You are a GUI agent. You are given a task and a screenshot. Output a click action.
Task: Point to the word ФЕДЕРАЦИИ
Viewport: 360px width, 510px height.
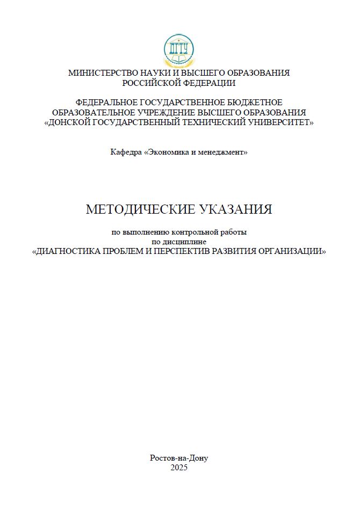(x=210, y=83)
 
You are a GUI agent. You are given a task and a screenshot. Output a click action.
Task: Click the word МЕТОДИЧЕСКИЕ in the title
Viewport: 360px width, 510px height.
(x=141, y=209)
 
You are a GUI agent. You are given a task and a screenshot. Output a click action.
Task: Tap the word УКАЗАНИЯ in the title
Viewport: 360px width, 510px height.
(x=236, y=209)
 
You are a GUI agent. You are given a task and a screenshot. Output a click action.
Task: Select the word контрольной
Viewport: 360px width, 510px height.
(x=195, y=232)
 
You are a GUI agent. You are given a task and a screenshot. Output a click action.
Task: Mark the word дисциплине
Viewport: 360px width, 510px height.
(x=189, y=242)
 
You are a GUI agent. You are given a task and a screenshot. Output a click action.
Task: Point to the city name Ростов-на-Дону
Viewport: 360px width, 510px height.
(x=179, y=458)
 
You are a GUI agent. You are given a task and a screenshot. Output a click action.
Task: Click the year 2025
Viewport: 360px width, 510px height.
(x=179, y=468)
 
